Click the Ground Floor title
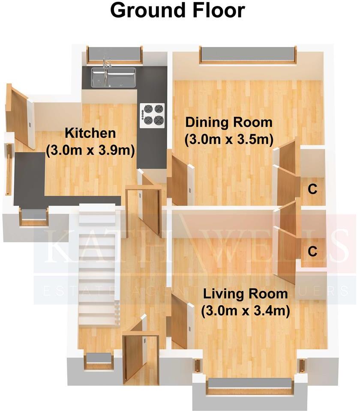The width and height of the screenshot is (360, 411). pyautogui.click(x=178, y=11)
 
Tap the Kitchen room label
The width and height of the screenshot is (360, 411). pyautogui.click(x=90, y=133)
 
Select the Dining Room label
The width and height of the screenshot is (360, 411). pyautogui.click(x=228, y=122)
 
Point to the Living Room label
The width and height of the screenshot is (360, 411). pyautogui.click(x=245, y=294)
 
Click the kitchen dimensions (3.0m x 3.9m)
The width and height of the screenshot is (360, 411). pyautogui.click(x=90, y=151)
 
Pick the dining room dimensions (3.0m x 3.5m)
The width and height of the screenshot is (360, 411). pyautogui.click(x=229, y=140)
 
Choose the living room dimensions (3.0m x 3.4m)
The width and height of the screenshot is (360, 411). pyautogui.click(x=245, y=311)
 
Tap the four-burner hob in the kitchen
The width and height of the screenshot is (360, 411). pyautogui.click(x=153, y=114)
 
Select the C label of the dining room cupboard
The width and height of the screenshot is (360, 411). pyautogui.click(x=313, y=189)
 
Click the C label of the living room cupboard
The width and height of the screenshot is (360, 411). pyautogui.click(x=313, y=251)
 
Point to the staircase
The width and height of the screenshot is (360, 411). pyautogui.click(x=98, y=265)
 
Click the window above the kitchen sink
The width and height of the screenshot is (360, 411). pyautogui.click(x=114, y=55)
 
